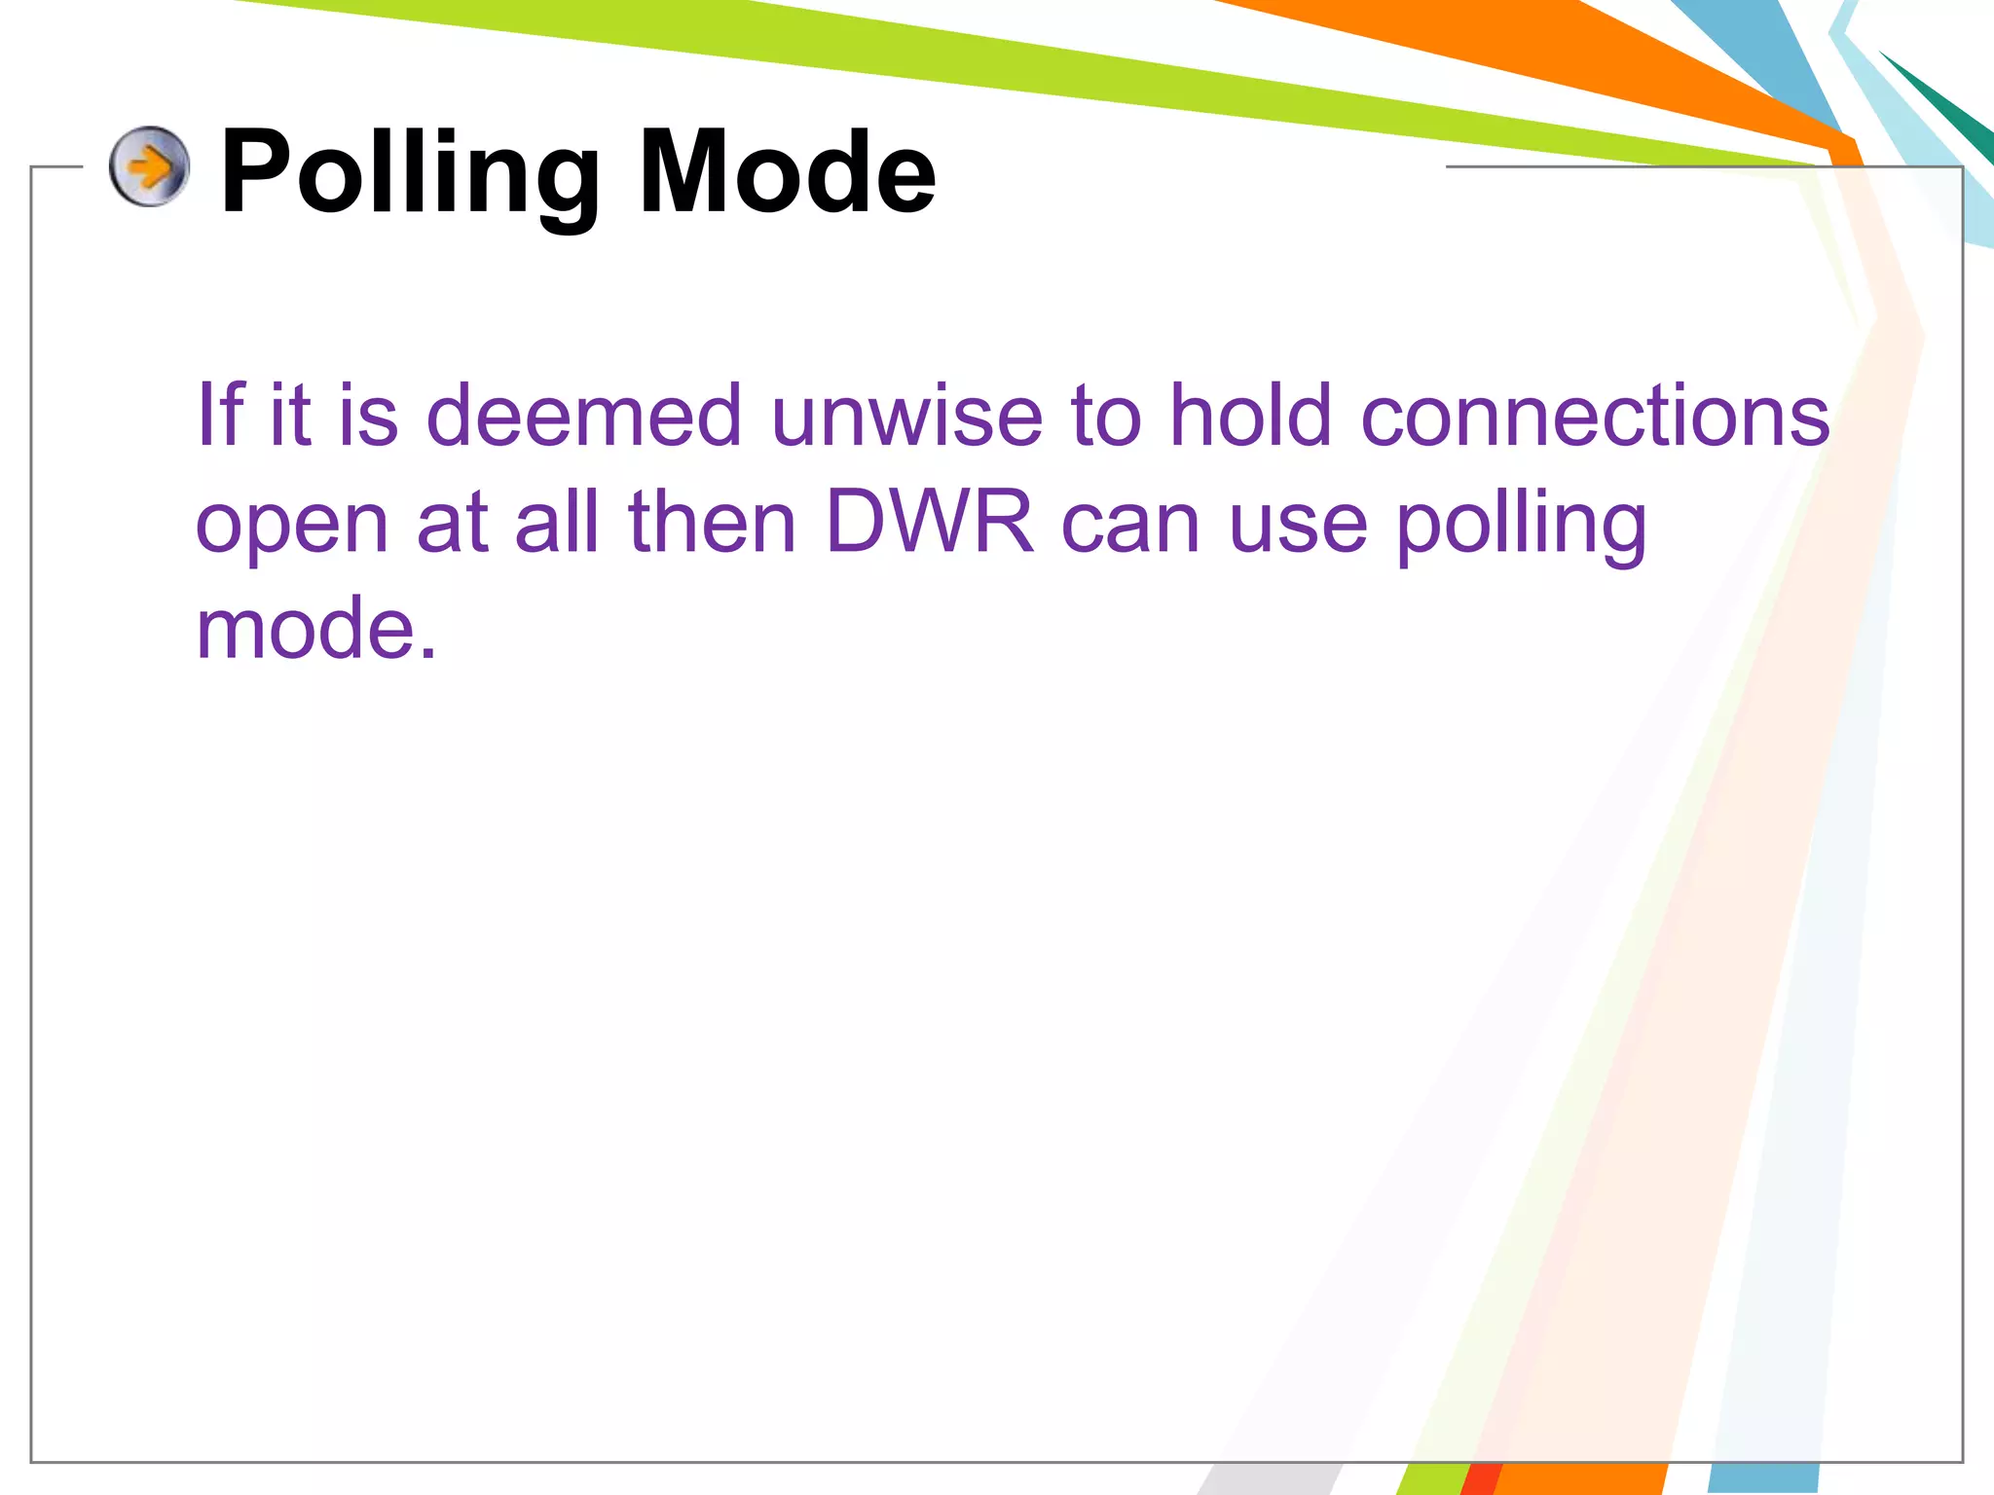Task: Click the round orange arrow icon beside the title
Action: (x=149, y=166)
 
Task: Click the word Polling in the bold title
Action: (x=410, y=173)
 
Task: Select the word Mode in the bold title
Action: (x=787, y=173)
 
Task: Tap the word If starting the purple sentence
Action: (x=220, y=415)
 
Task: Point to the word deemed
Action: (x=584, y=415)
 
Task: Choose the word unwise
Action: (x=906, y=415)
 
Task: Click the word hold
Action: (x=1249, y=415)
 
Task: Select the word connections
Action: (x=1594, y=415)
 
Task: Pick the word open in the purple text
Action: (x=292, y=526)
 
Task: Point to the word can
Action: (x=1130, y=526)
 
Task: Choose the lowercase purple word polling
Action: (x=1521, y=526)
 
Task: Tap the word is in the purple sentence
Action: (x=368, y=415)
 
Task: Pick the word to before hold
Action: (x=1105, y=415)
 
